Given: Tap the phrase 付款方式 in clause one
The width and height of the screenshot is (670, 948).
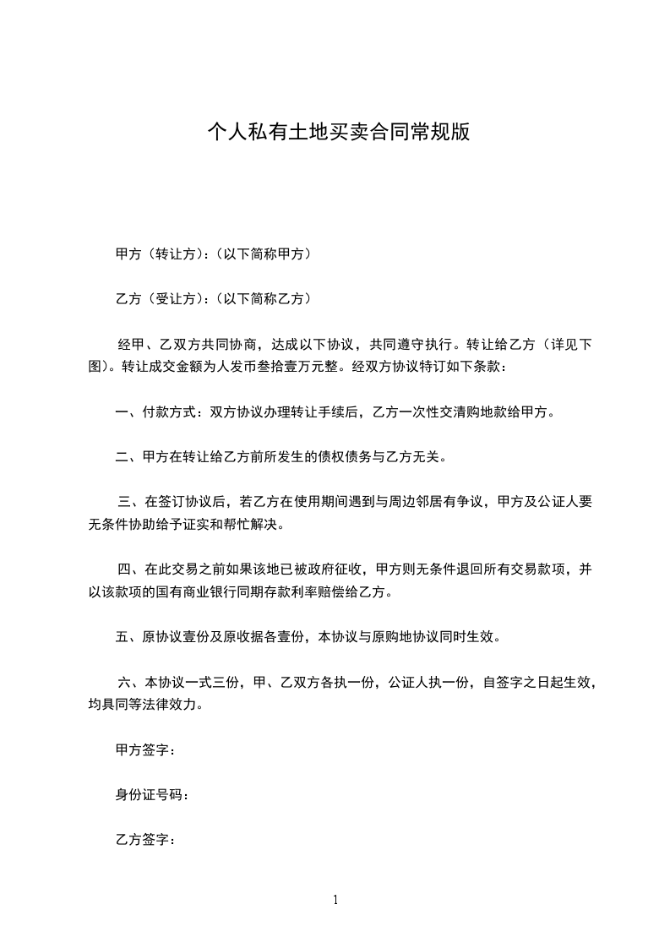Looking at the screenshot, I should click(169, 412).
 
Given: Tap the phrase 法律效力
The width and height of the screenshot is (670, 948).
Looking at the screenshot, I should click(169, 705).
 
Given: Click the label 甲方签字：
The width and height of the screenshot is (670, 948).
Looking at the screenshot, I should click(145, 749).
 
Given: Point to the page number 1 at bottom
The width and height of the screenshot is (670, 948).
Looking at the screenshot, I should click(335, 900).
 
